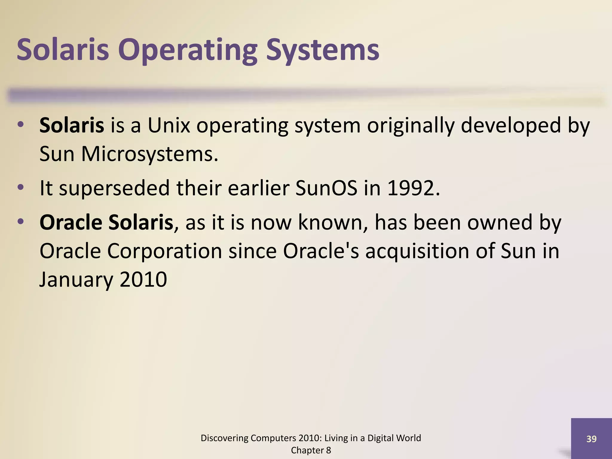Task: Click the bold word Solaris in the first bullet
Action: point(72,125)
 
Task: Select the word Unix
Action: point(169,125)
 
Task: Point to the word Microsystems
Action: point(149,154)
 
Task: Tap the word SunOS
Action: point(326,188)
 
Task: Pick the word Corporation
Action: point(164,251)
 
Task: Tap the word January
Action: point(76,280)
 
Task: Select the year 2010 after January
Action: point(143,280)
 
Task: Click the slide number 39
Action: point(591,439)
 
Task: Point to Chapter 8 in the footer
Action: point(311,450)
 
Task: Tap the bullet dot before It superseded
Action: point(20,188)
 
